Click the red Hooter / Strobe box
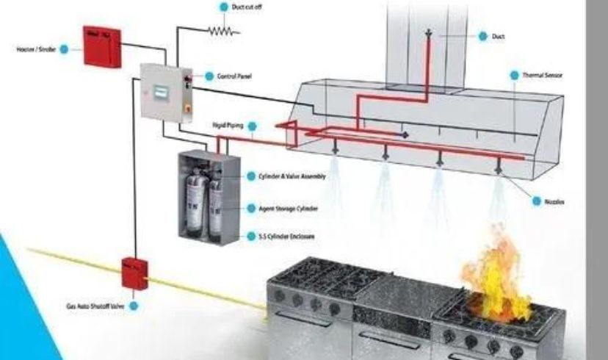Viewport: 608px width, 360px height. (102, 46)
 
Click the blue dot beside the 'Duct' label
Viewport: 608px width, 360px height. (483, 35)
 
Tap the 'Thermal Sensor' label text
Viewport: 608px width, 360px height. (543, 75)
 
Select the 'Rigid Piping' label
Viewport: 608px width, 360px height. (228, 126)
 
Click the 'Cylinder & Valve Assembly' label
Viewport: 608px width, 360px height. (292, 176)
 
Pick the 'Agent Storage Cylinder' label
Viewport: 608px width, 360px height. (288, 209)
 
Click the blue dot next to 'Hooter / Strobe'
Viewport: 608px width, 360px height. (64, 49)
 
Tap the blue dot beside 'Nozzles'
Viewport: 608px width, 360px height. (538, 201)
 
